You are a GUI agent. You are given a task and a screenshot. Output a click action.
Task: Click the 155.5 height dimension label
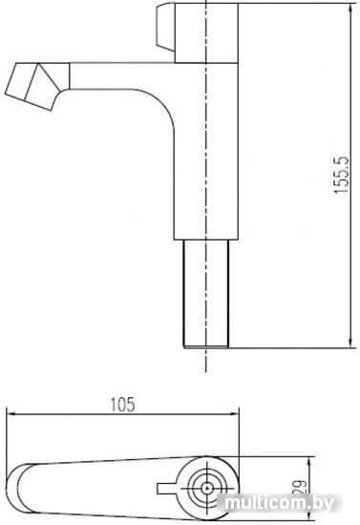pyautogui.click(x=342, y=175)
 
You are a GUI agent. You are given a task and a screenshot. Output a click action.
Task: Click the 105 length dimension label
pyautogui.click(x=122, y=405)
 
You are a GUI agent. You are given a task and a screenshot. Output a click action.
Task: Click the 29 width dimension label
pyautogui.click(x=300, y=487)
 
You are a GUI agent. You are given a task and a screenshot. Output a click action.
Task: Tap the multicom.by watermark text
pyautogui.click(x=279, y=502)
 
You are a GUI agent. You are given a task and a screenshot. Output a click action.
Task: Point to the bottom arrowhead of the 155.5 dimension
pyautogui.click(x=350, y=344)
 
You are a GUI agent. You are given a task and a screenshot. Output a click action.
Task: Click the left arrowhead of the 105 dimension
pyautogui.click(x=11, y=414)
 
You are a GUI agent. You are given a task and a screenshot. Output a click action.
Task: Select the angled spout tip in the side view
pyautogui.click(x=32, y=86)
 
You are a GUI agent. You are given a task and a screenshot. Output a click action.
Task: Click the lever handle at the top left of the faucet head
pyautogui.click(x=165, y=26)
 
